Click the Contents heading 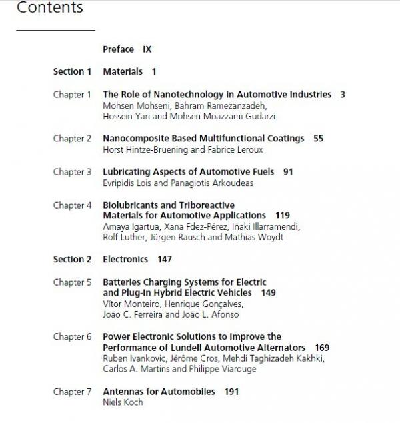(x=49, y=8)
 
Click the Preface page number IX (x=147, y=49)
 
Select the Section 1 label (x=73, y=71)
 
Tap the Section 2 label (x=73, y=259)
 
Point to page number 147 (x=165, y=259)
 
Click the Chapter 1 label (x=73, y=95)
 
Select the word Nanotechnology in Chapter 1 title (x=180, y=95)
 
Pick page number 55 (x=318, y=139)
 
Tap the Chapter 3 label (x=73, y=172)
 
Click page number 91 (x=288, y=172)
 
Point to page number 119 (x=282, y=216)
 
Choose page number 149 (x=269, y=292)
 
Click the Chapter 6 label (x=73, y=337)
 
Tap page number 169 (x=322, y=348)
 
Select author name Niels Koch (x=123, y=402)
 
